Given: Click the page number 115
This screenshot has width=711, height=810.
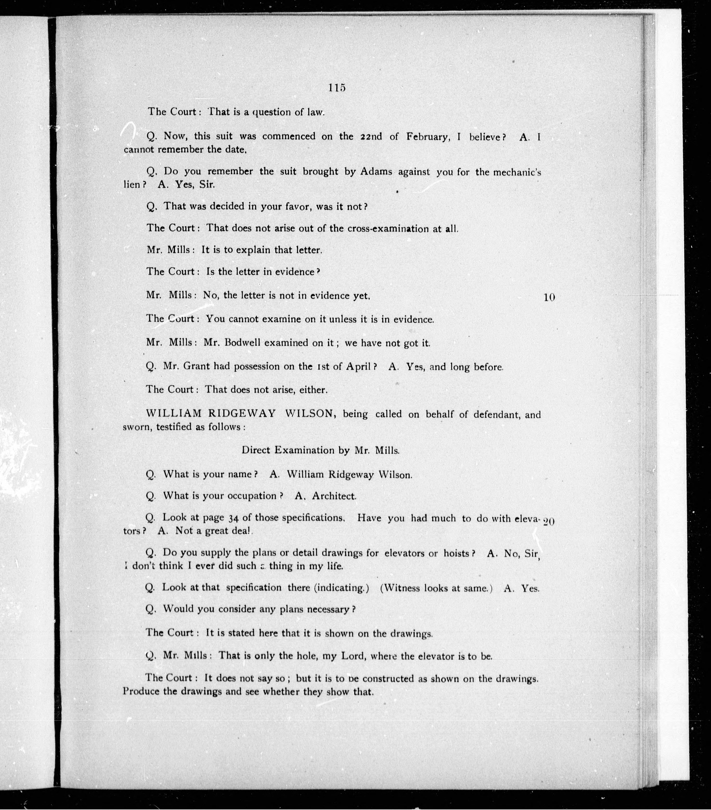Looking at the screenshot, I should click(x=337, y=88).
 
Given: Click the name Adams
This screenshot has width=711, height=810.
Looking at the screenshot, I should click(x=376, y=171).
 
